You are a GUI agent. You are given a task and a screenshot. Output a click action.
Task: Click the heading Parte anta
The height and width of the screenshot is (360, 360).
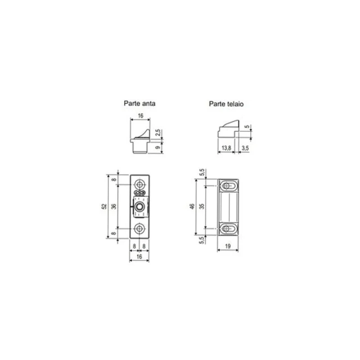pos(139,103)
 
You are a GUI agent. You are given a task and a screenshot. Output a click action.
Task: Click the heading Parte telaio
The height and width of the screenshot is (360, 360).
pos(226,104)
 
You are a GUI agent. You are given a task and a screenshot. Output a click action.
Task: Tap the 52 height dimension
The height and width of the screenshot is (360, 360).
pos(104,206)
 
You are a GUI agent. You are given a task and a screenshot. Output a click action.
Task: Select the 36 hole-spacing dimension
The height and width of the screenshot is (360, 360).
pos(114,206)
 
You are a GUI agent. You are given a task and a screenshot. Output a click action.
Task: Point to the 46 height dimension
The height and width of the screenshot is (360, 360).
pos(193,206)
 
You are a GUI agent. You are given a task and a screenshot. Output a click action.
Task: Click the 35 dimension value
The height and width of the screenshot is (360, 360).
pos(202,206)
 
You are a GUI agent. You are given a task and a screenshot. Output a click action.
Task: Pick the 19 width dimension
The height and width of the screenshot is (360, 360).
pos(228,246)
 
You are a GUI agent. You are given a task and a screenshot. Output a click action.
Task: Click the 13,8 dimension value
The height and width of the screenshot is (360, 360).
pos(226,148)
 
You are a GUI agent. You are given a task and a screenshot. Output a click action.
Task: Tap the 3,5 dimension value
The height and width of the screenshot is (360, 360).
pos(245,148)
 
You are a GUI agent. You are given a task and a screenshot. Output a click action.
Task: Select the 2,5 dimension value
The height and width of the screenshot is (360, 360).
pos(158,133)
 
